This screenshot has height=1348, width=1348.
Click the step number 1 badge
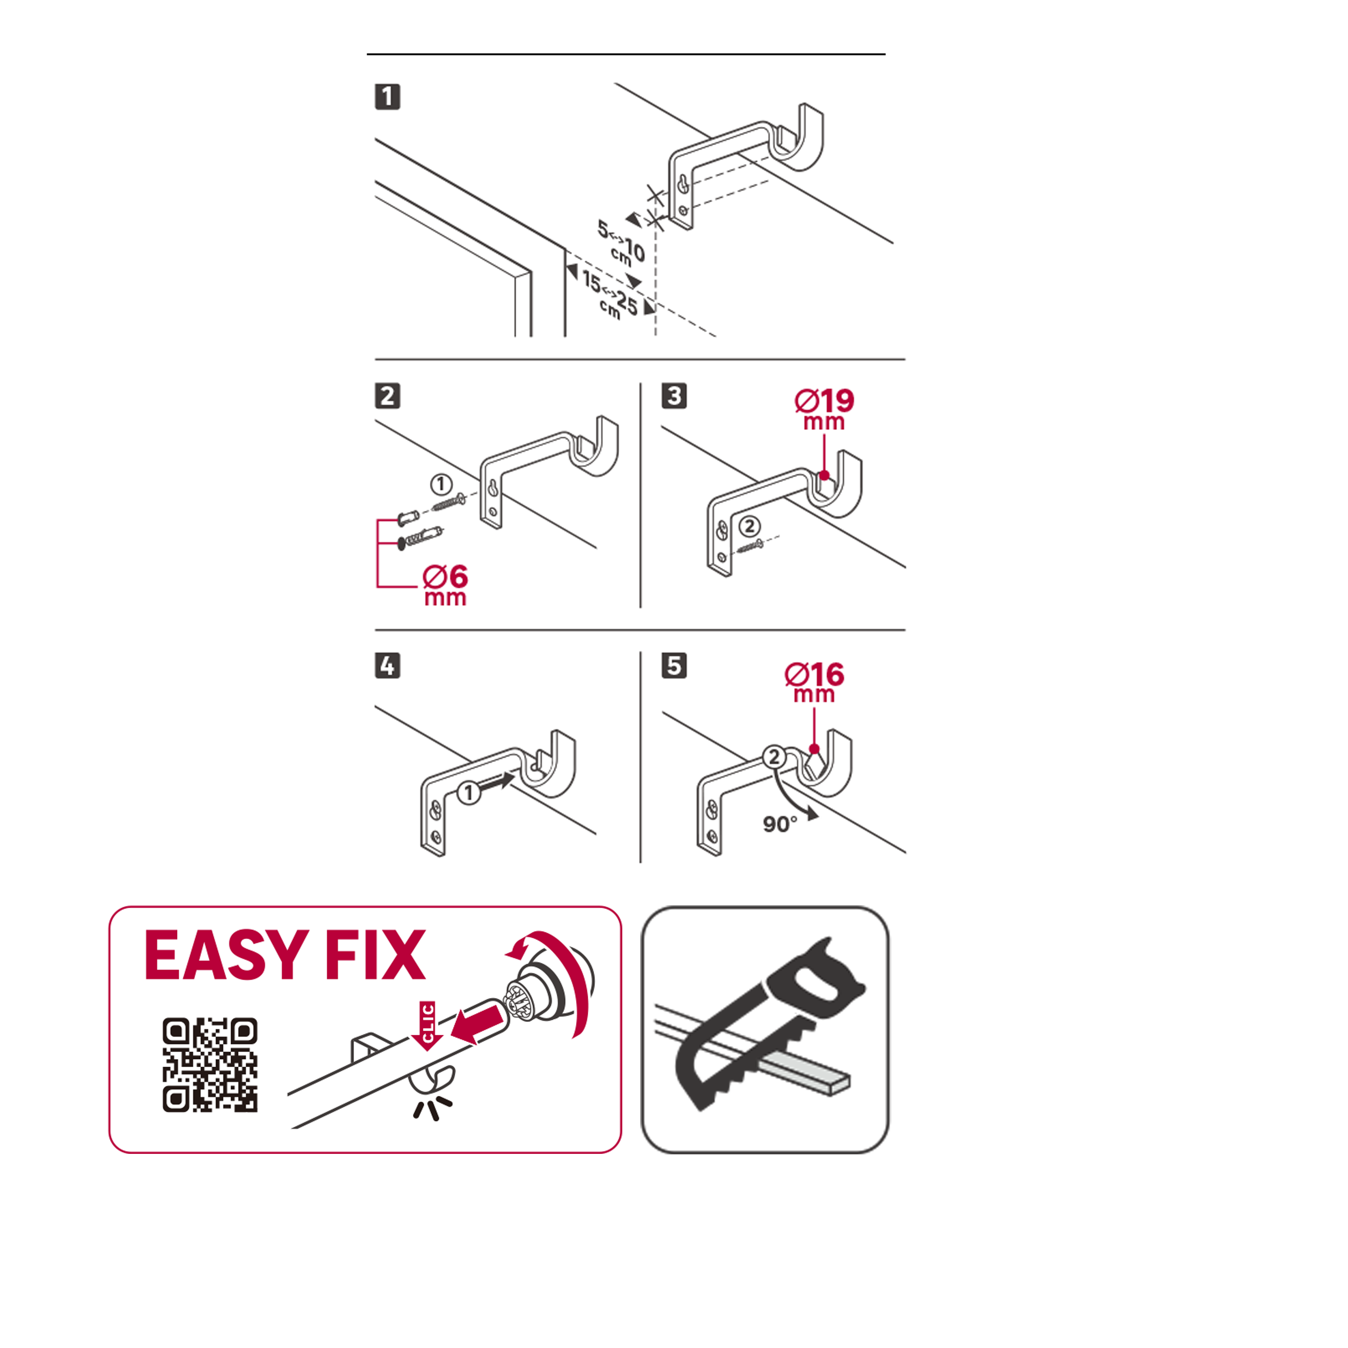point(387,96)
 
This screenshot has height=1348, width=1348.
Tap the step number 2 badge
point(387,395)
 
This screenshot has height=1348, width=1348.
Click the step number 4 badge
point(387,665)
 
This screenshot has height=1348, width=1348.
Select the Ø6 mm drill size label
point(445,585)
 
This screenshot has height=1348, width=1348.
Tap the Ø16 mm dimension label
point(814,682)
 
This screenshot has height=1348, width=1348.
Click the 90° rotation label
point(779,824)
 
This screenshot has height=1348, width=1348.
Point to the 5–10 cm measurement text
point(621,243)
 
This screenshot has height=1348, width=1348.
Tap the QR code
point(210,1064)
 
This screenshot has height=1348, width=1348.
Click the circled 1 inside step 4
point(469,793)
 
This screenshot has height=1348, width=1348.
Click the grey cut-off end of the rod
point(809,1075)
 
